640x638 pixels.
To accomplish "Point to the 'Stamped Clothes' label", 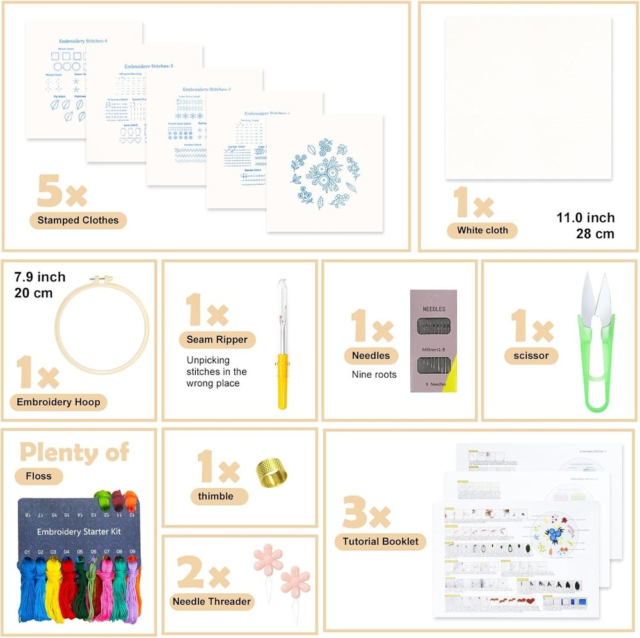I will click(x=78, y=221).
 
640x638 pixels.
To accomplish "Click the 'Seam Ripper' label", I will click(x=217, y=339).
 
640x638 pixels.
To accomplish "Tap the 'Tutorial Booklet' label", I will click(x=380, y=541).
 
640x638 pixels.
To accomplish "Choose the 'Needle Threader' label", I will click(x=212, y=601).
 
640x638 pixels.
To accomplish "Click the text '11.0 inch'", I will click(x=585, y=218).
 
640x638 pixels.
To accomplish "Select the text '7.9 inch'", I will click(x=40, y=277).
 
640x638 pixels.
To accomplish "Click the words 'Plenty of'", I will click(x=74, y=452).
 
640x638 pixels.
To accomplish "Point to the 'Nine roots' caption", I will click(x=374, y=375).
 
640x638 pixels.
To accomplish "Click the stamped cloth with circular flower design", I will click(x=324, y=173).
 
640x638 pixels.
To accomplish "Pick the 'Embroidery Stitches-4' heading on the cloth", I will click(x=83, y=41).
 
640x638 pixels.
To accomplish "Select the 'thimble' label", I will click(x=216, y=496).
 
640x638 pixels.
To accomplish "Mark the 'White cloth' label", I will click(x=483, y=230).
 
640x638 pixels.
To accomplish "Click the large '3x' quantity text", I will click(x=367, y=513).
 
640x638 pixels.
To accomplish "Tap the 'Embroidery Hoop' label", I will click(x=58, y=402).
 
